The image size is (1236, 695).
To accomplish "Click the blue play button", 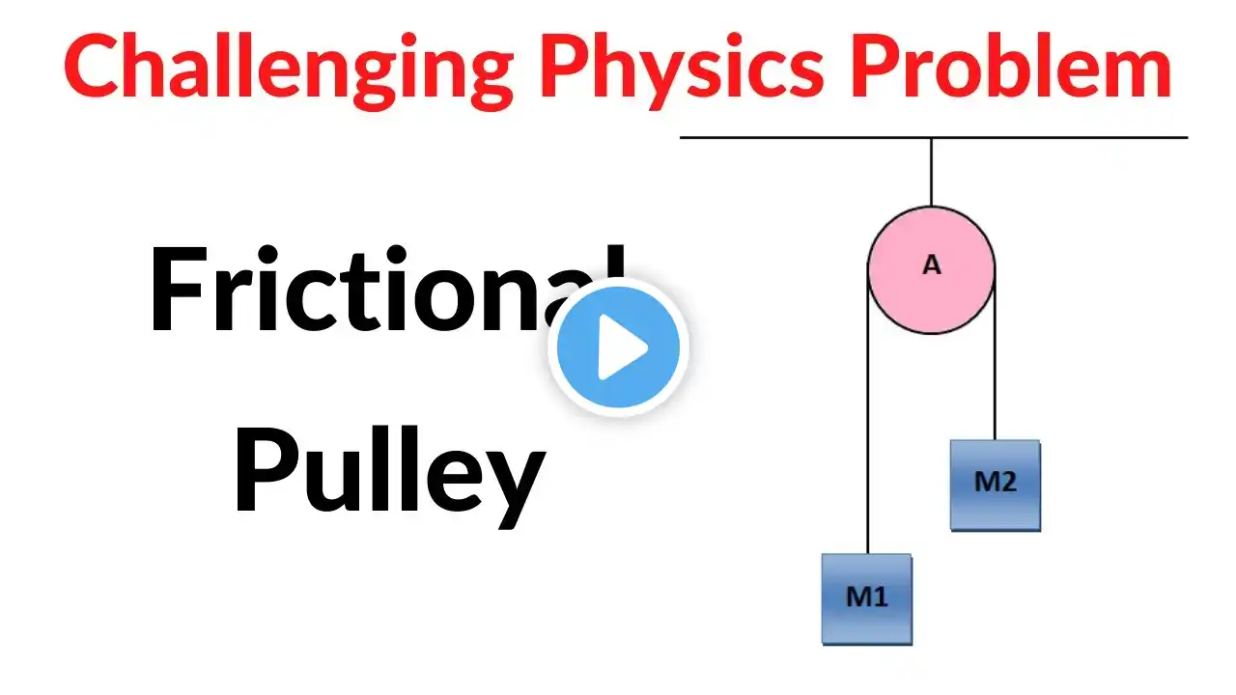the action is click(x=618, y=347).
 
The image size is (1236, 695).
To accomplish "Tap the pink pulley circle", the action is click(x=932, y=269).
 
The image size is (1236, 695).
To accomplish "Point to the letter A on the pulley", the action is click(x=932, y=265).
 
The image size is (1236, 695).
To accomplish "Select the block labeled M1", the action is click(x=867, y=599).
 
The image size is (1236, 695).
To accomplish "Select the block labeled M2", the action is click(x=996, y=486).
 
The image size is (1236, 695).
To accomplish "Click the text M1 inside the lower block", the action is click(x=867, y=597).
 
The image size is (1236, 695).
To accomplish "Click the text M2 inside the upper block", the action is click(x=996, y=482).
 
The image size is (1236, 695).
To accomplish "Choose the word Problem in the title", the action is click(x=1011, y=65).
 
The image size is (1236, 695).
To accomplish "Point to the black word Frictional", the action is click(x=387, y=289).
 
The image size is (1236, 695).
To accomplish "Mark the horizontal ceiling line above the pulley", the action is click(x=934, y=137).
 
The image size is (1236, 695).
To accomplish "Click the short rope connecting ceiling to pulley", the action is click(x=932, y=172).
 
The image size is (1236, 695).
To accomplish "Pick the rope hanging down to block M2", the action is click(x=995, y=355).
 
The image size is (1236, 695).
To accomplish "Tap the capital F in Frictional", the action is click(x=178, y=289).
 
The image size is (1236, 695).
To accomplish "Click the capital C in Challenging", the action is click(x=92, y=65).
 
